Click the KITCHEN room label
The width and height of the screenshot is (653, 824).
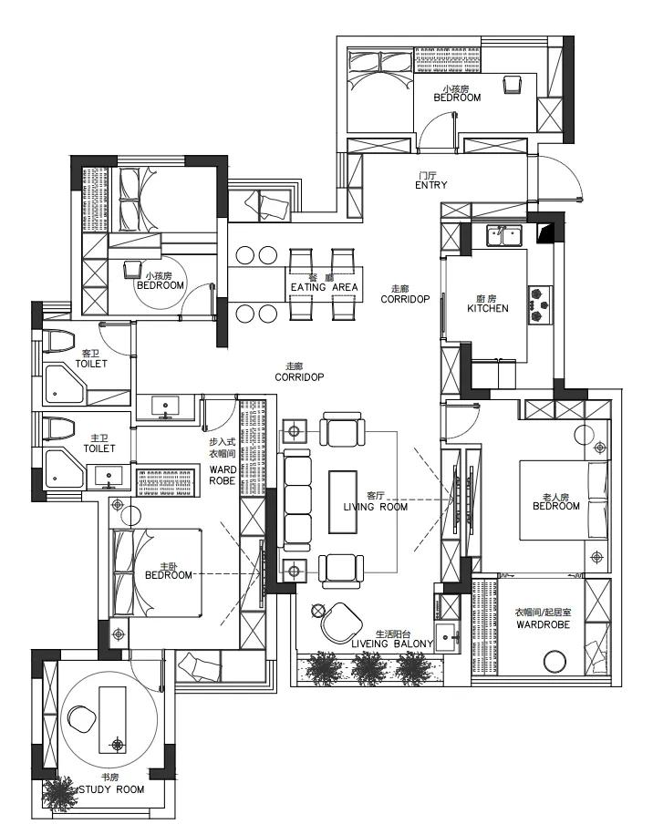point(488,308)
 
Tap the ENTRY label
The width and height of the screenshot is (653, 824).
point(431,185)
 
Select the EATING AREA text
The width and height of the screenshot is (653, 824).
point(325,287)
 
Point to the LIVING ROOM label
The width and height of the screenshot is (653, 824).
point(376,507)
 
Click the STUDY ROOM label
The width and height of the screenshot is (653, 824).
point(111,789)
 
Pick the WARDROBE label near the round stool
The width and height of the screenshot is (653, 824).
point(544,624)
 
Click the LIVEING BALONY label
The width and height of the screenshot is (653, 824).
point(392,644)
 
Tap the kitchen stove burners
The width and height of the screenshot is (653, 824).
point(541,304)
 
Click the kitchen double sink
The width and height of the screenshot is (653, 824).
point(504,235)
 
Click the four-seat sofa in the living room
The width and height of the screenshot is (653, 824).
point(296,500)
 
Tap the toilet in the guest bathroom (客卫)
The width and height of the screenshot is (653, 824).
point(57,341)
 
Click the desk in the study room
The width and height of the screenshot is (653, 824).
point(112,719)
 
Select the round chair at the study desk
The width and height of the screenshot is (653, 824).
point(81,718)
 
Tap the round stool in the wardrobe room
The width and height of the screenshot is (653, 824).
point(555,662)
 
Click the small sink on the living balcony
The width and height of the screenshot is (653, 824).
point(448,637)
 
